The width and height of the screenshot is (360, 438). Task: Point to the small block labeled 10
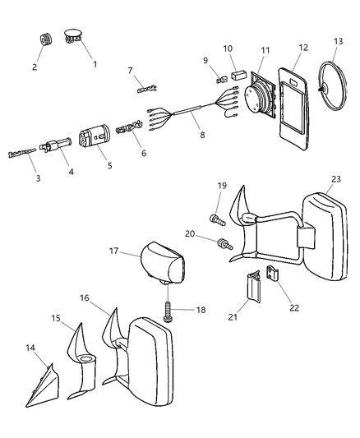pyautogui.click(x=241, y=74)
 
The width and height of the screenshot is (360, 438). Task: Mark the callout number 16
pyautogui.click(x=85, y=299)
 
